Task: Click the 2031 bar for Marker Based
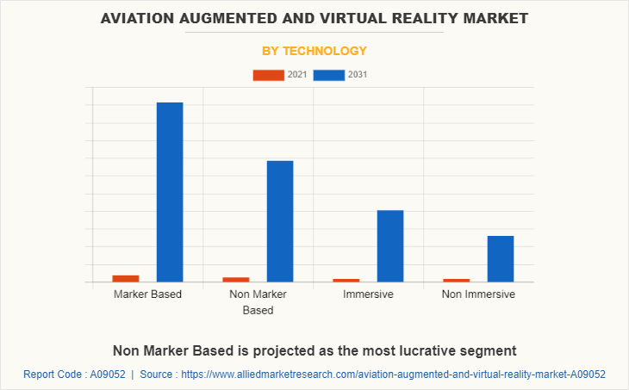pyautogui.click(x=170, y=192)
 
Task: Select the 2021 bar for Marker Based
pyautogui.click(x=125, y=278)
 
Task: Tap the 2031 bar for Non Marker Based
pyautogui.click(x=280, y=221)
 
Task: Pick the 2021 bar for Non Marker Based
pyautogui.click(x=236, y=279)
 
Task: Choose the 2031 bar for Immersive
pyautogui.click(x=390, y=246)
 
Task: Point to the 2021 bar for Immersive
pyautogui.click(x=346, y=280)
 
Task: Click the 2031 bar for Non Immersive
pyautogui.click(x=501, y=258)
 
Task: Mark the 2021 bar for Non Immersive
pyautogui.click(x=457, y=280)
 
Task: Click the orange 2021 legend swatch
pyautogui.click(x=268, y=75)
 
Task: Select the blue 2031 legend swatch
pyautogui.click(x=329, y=75)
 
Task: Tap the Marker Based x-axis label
pyautogui.click(x=147, y=294)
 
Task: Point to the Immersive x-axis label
pyautogui.click(x=368, y=294)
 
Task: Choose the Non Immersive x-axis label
pyautogui.click(x=478, y=294)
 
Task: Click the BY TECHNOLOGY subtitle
pyautogui.click(x=314, y=51)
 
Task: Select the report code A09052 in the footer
pyautogui.click(x=107, y=375)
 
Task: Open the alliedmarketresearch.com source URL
pyautogui.click(x=393, y=375)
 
